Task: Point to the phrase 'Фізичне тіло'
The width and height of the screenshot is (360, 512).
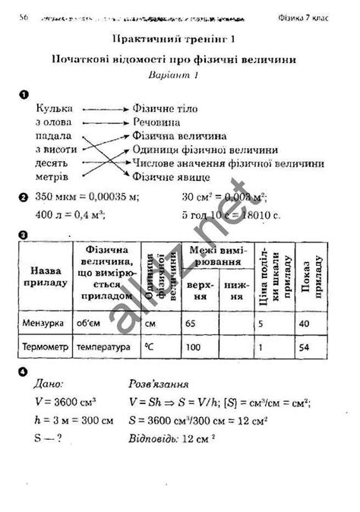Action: [x=165, y=109]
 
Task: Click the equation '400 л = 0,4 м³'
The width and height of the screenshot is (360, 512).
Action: [x=70, y=215]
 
